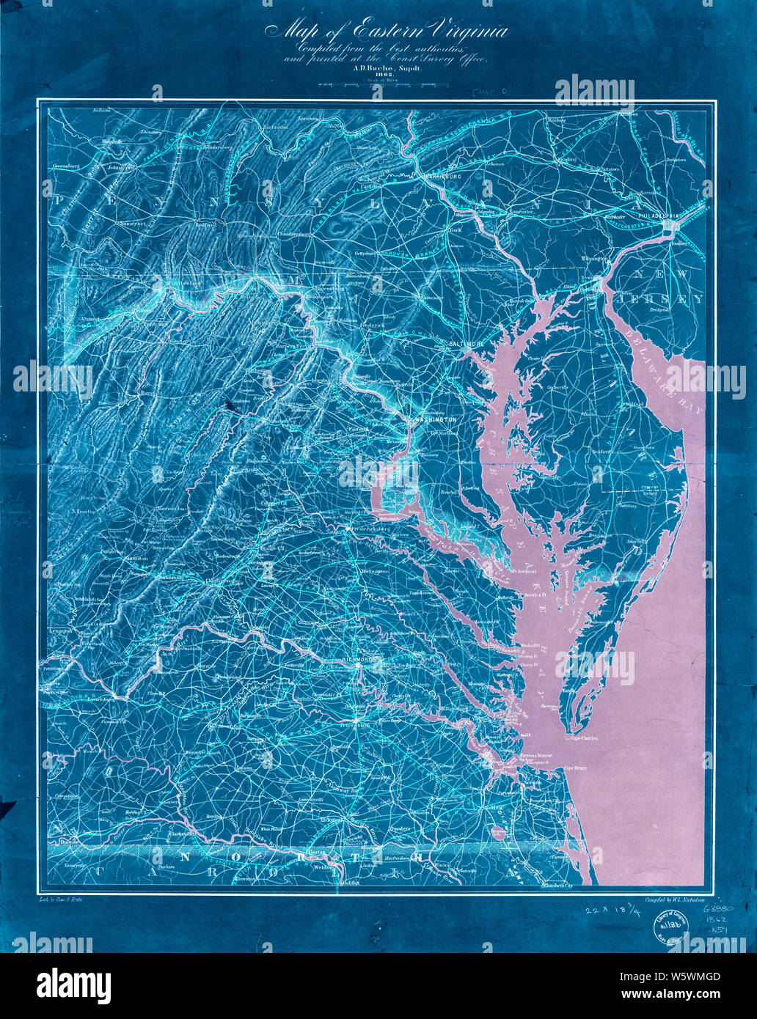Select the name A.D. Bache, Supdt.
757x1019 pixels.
tap(379, 66)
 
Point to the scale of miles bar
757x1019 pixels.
tap(378, 87)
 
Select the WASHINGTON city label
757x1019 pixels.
tap(436, 420)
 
